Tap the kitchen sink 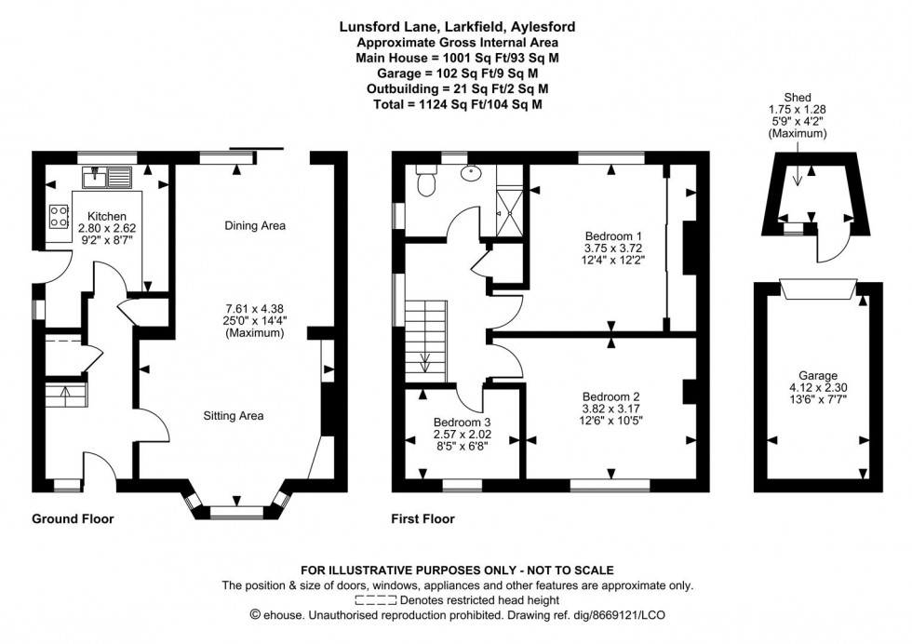tap(110, 174)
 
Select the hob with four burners tap(59, 216)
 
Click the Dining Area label tap(254, 225)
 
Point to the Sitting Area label tap(233, 416)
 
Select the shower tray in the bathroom tap(510, 199)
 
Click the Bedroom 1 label tap(612, 235)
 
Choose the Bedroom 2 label tap(611, 394)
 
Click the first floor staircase tap(426, 341)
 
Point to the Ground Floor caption tap(73, 518)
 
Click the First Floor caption tap(423, 518)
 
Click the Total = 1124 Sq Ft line tap(455, 105)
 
